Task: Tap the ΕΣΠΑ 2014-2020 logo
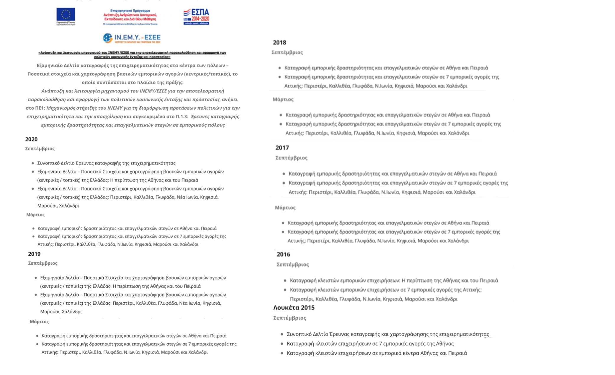196,17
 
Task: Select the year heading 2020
31,139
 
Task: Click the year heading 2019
34,254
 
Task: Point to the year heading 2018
279,43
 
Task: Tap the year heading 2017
282,148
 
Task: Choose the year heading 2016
283,254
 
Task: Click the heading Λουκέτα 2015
294,308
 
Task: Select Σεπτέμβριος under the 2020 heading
40,149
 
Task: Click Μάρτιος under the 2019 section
39,322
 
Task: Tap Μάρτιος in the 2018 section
283,100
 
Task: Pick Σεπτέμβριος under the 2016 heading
292,265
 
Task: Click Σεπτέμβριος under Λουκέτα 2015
289,318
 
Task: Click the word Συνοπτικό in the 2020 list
48,163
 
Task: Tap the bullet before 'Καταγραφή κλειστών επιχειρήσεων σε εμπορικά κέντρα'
282,353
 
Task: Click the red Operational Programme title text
130,15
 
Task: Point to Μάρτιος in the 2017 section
285,208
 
